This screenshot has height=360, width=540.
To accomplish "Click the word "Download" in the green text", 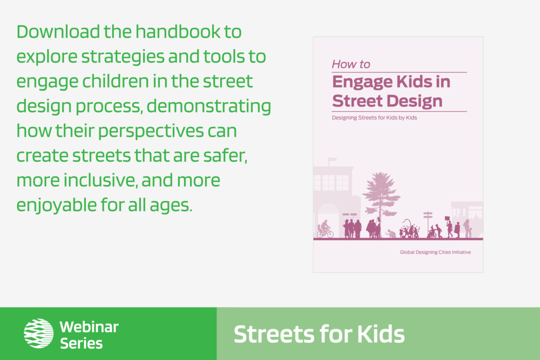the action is click(x=58, y=32).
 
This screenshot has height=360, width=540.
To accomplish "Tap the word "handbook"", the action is click(x=178, y=32).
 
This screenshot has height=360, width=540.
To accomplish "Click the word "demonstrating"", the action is click(x=208, y=107).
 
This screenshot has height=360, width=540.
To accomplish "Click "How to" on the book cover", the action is click(x=350, y=64).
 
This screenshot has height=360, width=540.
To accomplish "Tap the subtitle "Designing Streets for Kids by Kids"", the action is click(x=374, y=118).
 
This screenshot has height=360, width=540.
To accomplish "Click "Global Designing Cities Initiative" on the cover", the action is click(x=435, y=252).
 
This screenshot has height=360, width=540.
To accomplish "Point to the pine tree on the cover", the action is click(x=381, y=196).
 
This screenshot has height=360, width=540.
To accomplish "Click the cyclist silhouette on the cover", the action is click(x=325, y=229).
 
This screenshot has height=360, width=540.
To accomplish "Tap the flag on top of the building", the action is click(x=332, y=160).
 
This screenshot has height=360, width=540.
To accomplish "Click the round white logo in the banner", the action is click(x=38, y=333).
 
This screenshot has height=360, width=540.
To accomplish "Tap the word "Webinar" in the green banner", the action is click(x=89, y=327).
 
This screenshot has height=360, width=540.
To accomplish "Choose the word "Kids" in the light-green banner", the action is click(x=381, y=335).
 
